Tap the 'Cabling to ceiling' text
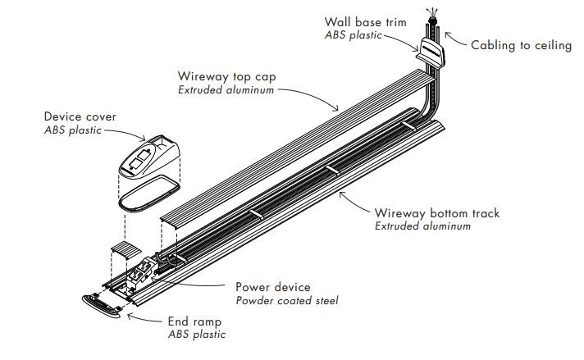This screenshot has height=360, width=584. [x=521, y=45]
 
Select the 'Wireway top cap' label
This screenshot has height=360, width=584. [x=227, y=76]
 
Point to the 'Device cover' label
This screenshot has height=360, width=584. [x=80, y=117]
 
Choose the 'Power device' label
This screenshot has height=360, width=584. [x=273, y=287]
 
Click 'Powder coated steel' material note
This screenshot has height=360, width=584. [x=286, y=300]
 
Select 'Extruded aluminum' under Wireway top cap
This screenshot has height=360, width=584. [x=226, y=89]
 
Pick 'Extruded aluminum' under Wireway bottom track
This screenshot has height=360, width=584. [x=423, y=226]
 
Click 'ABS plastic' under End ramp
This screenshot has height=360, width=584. [x=196, y=335]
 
